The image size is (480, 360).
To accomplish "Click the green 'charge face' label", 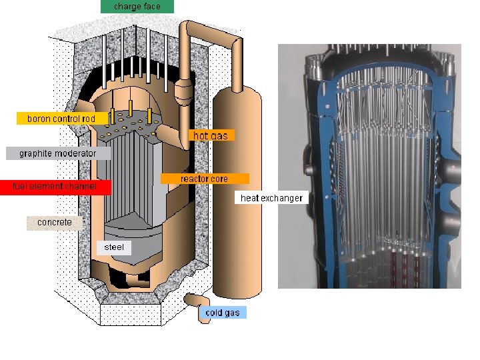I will tap(137, 7).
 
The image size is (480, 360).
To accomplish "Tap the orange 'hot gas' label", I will tap(211, 135).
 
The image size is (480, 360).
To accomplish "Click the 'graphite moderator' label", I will tap(57, 153).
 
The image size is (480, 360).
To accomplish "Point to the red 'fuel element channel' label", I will tap(55, 187).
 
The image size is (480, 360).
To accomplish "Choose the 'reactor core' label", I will tap(204, 179).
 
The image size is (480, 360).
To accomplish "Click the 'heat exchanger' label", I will tap(271, 198).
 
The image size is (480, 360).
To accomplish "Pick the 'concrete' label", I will tap(55, 222).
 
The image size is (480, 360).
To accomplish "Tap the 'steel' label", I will tap(114, 247).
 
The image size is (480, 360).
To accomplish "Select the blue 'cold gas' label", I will tap(223, 313).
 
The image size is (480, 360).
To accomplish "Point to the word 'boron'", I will tap(38, 119).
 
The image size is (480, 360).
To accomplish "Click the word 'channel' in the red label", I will tap(81, 187).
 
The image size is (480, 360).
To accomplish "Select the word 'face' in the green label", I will tap(151, 7).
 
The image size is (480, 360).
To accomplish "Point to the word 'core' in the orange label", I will tap(219, 179).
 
